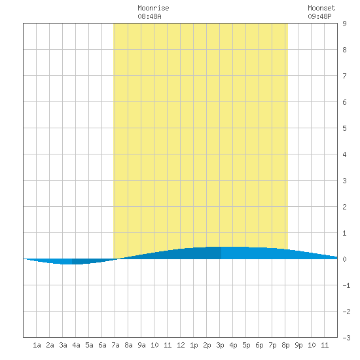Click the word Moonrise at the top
[153, 8]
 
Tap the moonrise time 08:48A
[149, 16]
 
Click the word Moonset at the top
[321, 8]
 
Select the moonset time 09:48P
[319, 16]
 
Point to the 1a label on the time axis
[37, 345]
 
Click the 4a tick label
[76, 345]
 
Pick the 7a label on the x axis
[115, 345]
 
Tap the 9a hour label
[141, 345]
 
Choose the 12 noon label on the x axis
[181, 345]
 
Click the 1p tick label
[194, 345]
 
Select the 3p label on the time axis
[220, 345]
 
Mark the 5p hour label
[246, 345]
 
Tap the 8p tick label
[285, 345]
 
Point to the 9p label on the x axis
[298, 345]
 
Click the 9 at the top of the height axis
[344, 24]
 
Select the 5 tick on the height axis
[344, 128]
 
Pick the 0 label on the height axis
[344, 259]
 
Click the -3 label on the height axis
[346, 338]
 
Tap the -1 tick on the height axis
[346, 285]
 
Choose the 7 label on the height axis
[344, 76]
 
